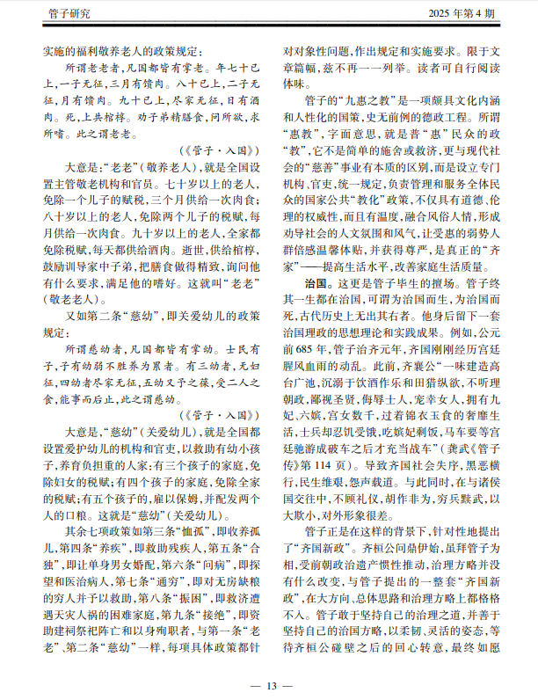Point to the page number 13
tap(269, 686)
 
